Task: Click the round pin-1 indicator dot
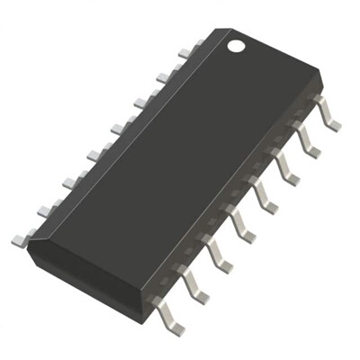[x=236, y=43]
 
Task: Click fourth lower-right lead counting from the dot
[x=266, y=191]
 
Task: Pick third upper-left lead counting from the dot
[x=141, y=102]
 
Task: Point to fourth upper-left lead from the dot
[x=118, y=128]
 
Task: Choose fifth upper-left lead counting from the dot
[x=94, y=154]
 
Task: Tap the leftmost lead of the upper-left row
[x=20, y=239]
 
